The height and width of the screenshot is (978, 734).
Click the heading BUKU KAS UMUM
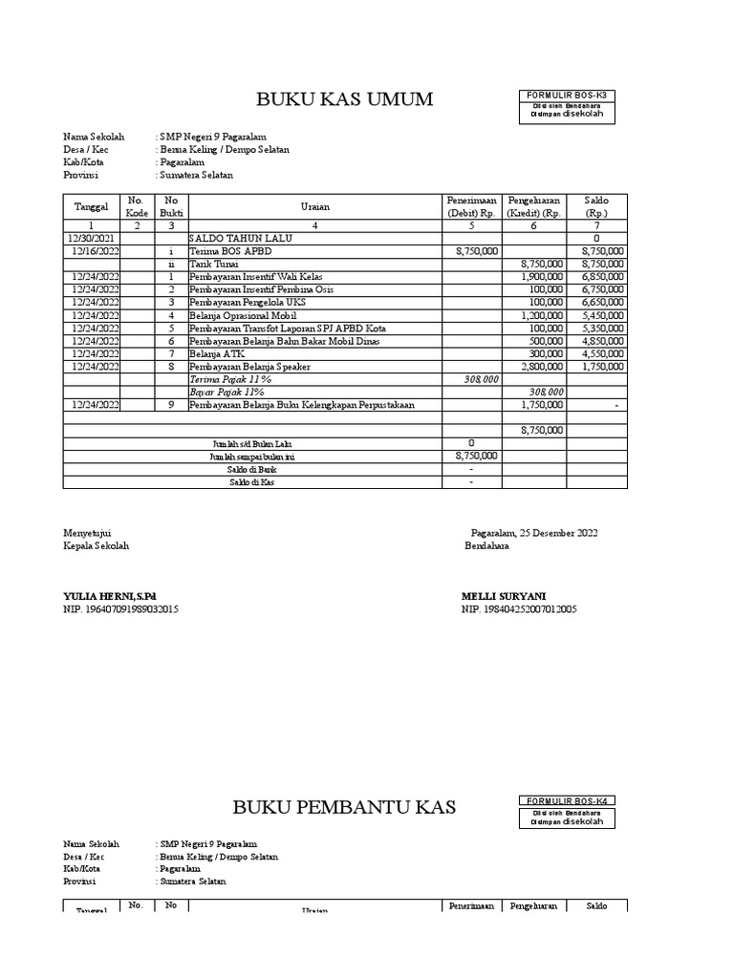click(x=344, y=99)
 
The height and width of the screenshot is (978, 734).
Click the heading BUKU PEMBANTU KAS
click(x=344, y=807)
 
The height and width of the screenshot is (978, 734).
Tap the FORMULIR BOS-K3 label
click(x=568, y=96)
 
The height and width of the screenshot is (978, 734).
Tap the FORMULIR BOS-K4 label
click(x=568, y=800)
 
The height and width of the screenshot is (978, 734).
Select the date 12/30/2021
click(x=93, y=238)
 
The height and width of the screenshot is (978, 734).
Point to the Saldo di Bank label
click(x=251, y=469)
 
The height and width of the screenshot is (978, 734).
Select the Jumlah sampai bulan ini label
click(x=251, y=457)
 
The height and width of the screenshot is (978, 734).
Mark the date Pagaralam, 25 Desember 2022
click(x=534, y=533)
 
